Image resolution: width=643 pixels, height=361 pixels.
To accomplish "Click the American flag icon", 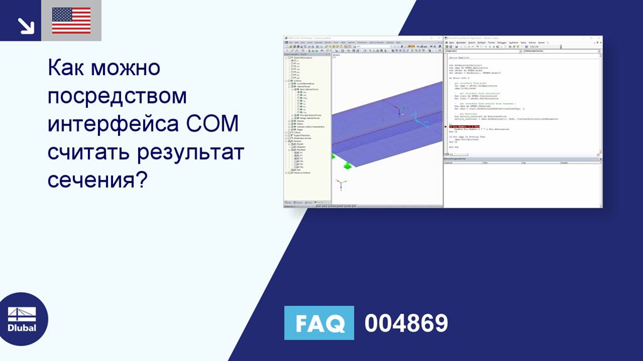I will point(71,21).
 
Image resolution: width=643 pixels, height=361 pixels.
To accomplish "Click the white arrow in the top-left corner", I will point(25,25).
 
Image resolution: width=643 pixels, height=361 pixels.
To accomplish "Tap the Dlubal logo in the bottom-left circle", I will point(21,319).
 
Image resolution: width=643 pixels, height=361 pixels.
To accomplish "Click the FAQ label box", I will point(319,323).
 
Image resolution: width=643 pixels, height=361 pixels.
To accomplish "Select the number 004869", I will point(406,323).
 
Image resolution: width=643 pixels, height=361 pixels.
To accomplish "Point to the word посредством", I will point(117,95).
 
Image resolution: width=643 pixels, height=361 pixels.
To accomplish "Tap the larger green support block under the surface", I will point(347,165).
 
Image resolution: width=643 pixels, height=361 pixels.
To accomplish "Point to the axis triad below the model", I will point(340,184).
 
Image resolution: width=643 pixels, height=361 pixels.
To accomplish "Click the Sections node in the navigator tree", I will point(298,141).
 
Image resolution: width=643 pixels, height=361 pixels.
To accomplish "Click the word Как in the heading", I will point(66,67).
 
